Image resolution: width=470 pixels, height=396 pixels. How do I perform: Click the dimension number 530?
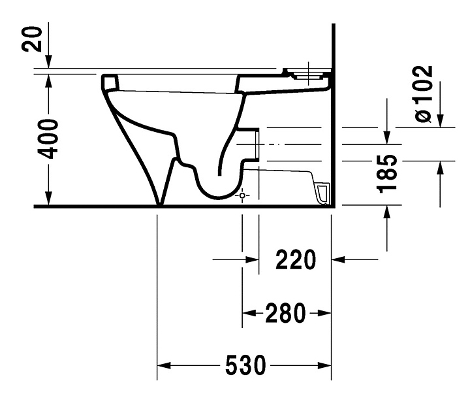(245, 365)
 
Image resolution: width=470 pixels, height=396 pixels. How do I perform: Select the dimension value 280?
(286, 313)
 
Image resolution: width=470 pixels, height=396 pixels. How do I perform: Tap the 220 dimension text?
(296, 259)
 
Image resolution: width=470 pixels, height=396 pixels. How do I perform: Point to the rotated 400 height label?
(48, 139)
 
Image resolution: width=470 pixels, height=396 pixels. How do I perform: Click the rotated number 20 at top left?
(31, 39)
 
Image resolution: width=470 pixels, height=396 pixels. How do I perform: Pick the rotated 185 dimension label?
(387, 174)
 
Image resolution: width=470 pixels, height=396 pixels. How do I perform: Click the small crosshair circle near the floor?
(242, 195)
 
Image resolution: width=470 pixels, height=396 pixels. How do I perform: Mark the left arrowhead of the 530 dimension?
(164, 365)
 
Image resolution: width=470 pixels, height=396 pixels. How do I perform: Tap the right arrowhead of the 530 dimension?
(324, 365)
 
